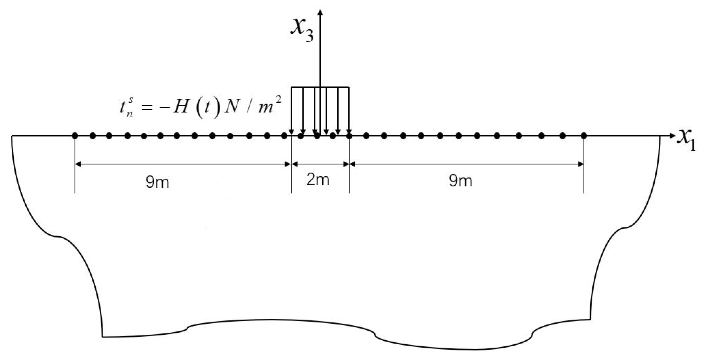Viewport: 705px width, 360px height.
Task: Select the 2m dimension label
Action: coord(318,180)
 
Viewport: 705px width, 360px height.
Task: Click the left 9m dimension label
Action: coord(157,182)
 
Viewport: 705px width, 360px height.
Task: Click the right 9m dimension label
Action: coord(460,181)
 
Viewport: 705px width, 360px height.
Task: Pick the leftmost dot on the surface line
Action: coord(75,136)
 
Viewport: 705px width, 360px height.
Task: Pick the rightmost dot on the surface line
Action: coord(584,136)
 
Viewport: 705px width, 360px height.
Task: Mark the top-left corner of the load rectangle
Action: coord(292,87)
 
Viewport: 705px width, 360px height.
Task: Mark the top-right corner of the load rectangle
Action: coord(349,87)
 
